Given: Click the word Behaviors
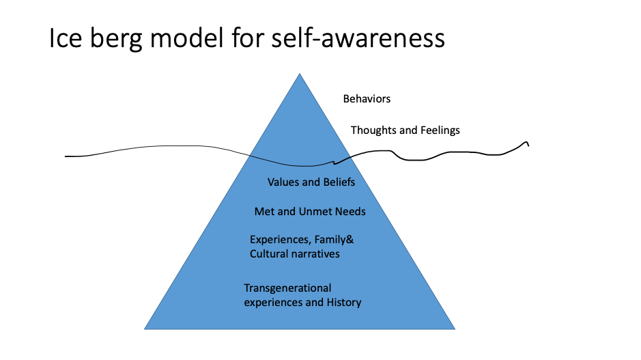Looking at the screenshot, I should click(x=367, y=99).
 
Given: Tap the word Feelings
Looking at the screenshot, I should click(x=438, y=130).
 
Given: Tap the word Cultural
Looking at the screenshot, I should click(x=269, y=254).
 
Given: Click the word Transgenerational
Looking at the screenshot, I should click(x=287, y=288).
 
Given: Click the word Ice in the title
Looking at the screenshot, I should click(x=66, y=38).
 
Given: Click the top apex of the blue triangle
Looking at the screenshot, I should click(x=300, y=74).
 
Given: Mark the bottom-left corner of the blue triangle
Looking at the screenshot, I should click(x=145, y=329).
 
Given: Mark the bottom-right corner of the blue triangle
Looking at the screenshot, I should click(x=455, y=329).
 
